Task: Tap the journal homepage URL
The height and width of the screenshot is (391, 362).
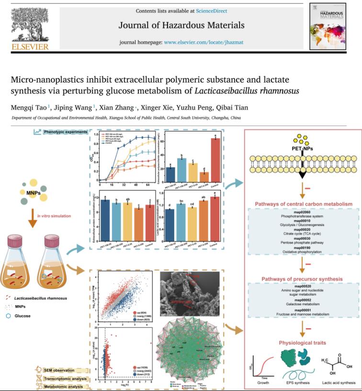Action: point(204,42)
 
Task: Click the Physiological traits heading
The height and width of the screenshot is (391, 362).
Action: point(302,343)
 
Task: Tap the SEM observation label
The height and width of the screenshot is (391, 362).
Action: point(57,370)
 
